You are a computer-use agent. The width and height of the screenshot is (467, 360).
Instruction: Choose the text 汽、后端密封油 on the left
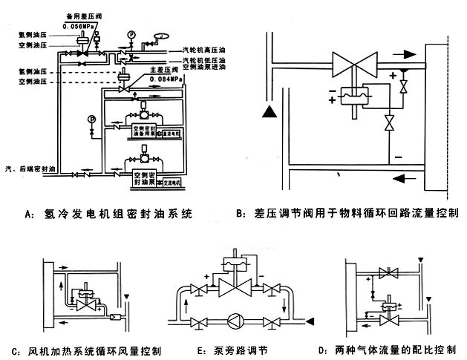point(29,170)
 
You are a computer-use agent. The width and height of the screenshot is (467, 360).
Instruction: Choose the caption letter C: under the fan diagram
point(16,350)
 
